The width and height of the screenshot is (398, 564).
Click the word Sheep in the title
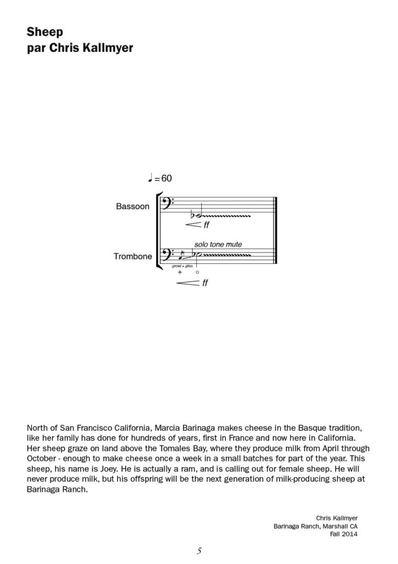coord(45,32)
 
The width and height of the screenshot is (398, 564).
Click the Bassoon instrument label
coord(132,207)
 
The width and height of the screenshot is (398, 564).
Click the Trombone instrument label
coord(132,256)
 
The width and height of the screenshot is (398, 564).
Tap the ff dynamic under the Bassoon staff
coord(206,225)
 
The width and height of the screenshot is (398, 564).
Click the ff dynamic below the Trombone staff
coord(205,283)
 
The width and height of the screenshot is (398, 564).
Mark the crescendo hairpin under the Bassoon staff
coord(192,225)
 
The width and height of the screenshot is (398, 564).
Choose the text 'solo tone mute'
coord(218,244)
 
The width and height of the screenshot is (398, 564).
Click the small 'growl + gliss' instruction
coord(181,266)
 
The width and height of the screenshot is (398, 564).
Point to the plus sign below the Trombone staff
coord(180,272)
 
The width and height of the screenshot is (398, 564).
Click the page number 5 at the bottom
coord(198,550)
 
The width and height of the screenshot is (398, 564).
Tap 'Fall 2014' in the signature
coord(344,533)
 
